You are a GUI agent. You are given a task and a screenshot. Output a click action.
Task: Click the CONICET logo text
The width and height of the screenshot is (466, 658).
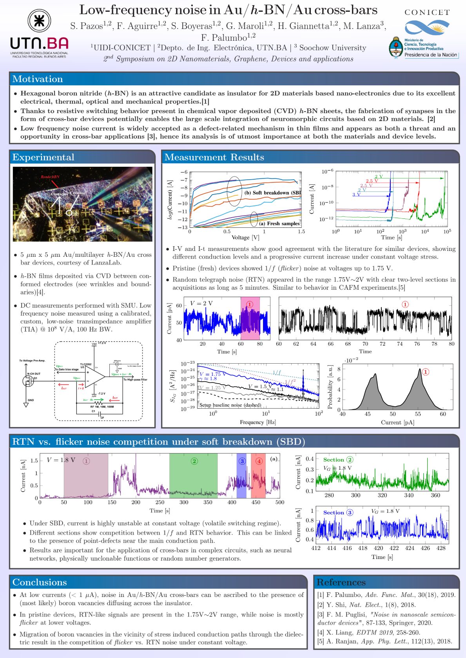[x=427, y=13]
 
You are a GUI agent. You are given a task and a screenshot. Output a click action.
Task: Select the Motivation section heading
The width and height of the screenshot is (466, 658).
[x=38, y=79]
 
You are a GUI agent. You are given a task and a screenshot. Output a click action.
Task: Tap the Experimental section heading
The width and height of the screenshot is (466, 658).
[x=43, y=157]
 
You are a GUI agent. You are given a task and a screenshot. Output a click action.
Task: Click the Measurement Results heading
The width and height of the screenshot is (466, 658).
[x=214, y=157]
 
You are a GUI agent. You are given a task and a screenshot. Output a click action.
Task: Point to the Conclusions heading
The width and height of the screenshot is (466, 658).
[x=40, y=582]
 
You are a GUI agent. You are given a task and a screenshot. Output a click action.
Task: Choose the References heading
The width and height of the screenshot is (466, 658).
[x=341, y=582]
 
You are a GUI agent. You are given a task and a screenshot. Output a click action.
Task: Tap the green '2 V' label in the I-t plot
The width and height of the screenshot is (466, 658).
[x=379, y=177]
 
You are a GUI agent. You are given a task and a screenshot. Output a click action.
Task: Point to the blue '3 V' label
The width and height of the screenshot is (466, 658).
[x=356, y=195]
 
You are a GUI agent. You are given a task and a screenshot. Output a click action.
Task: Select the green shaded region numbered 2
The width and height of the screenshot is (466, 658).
[x=194, y=476]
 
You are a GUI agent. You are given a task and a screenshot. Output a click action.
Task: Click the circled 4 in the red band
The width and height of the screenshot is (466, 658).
[x=259, y=461]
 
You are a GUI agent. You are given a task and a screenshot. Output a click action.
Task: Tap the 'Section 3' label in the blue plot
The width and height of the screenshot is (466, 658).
[x=338, y=512]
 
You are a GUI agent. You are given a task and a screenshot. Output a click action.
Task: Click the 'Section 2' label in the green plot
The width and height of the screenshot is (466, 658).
[x=338, y=460]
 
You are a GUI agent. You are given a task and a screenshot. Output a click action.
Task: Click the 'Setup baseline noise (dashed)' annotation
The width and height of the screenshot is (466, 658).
[x=230, y=405]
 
